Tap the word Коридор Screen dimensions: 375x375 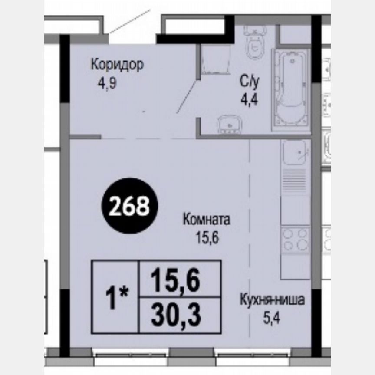click(117, 65)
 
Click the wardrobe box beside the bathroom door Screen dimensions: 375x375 click(216, 59)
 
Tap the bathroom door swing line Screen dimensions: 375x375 click(187, 95)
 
